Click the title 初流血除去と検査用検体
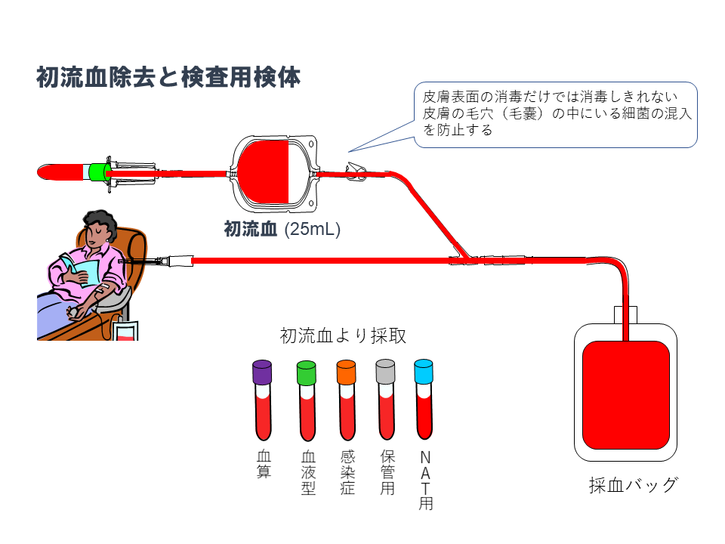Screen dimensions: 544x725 [x=168, y=78]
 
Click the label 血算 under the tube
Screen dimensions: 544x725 [x=264, y=465]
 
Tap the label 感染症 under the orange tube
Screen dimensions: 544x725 [x=347, y=473]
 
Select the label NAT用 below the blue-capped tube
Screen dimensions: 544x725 [x=425, y=481]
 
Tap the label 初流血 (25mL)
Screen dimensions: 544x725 [x=282, y=229]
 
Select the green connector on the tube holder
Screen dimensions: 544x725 [x=97, y=173]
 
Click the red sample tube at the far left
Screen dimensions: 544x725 [x=60, y=173]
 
